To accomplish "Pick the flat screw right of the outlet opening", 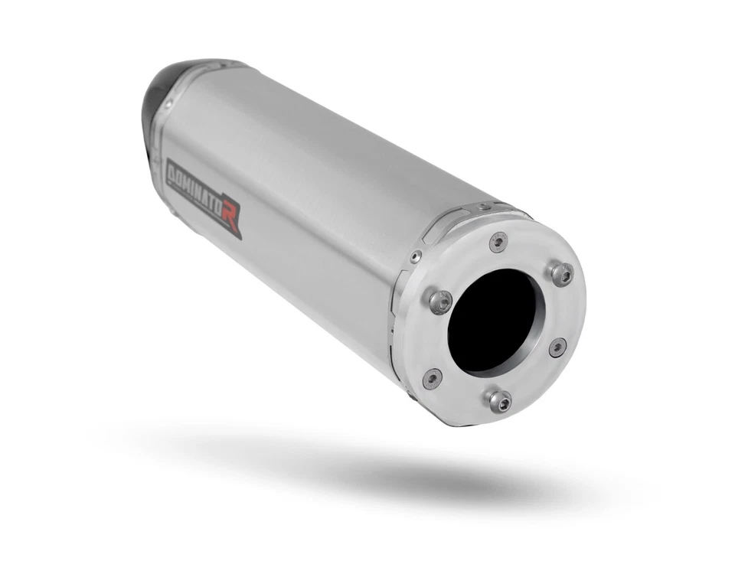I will point(558,347).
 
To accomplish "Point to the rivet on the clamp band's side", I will point(414,256).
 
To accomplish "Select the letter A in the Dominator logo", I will point(207,197).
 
